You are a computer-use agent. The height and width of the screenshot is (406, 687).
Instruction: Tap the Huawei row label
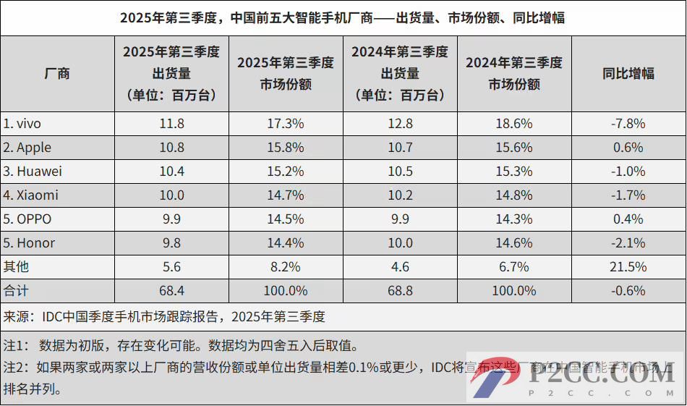coord(33,172)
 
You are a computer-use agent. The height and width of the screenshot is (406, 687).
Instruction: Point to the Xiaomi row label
coord(30,195)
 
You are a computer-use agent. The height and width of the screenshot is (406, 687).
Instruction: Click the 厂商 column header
coord(57,74)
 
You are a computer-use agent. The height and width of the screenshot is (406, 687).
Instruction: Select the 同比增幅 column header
coord(628,74)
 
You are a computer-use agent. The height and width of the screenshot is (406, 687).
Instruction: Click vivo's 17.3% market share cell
coord(286,124)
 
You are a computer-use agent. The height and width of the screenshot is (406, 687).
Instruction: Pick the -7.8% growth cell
coord(628,124)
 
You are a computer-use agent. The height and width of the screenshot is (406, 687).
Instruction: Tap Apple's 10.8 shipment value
coord(171,148)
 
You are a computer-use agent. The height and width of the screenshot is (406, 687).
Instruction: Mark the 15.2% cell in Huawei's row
coord(286,172)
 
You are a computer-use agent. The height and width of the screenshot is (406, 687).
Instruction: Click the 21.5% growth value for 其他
coord(628,267)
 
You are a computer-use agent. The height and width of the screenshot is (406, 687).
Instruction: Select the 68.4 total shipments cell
coord(171,291)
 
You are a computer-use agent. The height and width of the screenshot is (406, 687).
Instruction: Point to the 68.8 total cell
coord(400,291)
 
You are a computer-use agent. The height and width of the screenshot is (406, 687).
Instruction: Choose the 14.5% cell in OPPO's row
coord(286,219)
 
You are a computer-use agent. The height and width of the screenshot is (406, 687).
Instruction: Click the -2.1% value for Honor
coord(628,243)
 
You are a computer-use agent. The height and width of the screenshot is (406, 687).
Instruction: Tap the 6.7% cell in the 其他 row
coord(514,267)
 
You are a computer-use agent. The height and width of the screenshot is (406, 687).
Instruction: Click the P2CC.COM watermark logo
coord(579,381)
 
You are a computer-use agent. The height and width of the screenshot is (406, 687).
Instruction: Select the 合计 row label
coord(17,291)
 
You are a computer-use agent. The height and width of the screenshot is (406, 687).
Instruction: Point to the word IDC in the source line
coord(54,316)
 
